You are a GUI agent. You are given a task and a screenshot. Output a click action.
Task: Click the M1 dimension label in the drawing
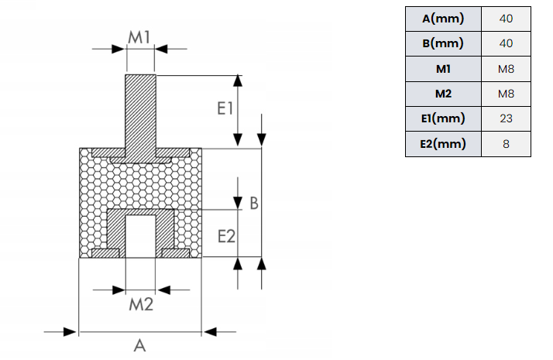[139, 37]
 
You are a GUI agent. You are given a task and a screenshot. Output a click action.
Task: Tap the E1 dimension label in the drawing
[225, 108]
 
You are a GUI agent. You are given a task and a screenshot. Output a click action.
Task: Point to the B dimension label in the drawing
[254, 204]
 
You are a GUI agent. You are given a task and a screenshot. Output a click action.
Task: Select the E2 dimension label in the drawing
[226, 236]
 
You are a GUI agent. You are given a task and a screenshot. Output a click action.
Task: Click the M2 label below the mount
[141, 304]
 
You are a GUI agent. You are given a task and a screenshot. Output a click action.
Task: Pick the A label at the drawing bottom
[139, 345]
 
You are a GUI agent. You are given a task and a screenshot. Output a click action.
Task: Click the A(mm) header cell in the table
[443, 19]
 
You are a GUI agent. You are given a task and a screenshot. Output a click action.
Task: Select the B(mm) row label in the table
[443, 43]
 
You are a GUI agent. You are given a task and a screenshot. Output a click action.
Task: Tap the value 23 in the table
[506, 118]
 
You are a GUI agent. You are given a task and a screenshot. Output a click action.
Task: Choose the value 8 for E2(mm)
[506, 144]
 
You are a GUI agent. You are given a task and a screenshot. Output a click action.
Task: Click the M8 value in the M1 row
[506, 69]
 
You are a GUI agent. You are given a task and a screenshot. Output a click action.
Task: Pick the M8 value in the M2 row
[506, 94]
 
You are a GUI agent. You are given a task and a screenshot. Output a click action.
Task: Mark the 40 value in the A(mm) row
[506, 19]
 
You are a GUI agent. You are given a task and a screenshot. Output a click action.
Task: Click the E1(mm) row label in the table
[443, 118]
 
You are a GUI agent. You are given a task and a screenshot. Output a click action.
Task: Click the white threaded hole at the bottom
[140, 236]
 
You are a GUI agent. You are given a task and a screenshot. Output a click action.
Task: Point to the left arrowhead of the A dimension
[70, 332]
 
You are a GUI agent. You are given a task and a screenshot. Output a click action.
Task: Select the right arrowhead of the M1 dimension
[161, 49]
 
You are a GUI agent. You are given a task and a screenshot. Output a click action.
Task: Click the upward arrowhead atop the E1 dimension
[238, 81]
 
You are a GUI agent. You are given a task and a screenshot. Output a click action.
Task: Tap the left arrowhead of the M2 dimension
[118, 290]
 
